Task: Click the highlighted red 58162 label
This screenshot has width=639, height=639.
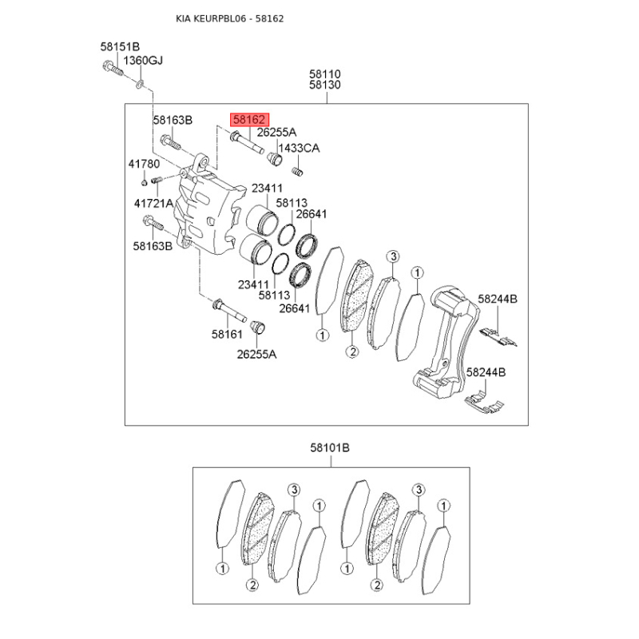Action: point(249,119)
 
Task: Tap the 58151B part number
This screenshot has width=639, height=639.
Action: point(120,46)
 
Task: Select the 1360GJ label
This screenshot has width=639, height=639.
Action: point(143,61)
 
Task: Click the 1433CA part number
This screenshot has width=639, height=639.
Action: point(299,148)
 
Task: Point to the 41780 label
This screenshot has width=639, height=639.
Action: point(144,164)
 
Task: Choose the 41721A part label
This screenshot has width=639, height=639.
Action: point(153,203)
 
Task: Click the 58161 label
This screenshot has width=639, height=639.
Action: point(227,334)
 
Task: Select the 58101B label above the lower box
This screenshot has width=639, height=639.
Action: point(330,447)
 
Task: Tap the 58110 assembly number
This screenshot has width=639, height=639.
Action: point(325,73)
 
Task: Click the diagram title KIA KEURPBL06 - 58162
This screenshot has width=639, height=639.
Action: point(230,18)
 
